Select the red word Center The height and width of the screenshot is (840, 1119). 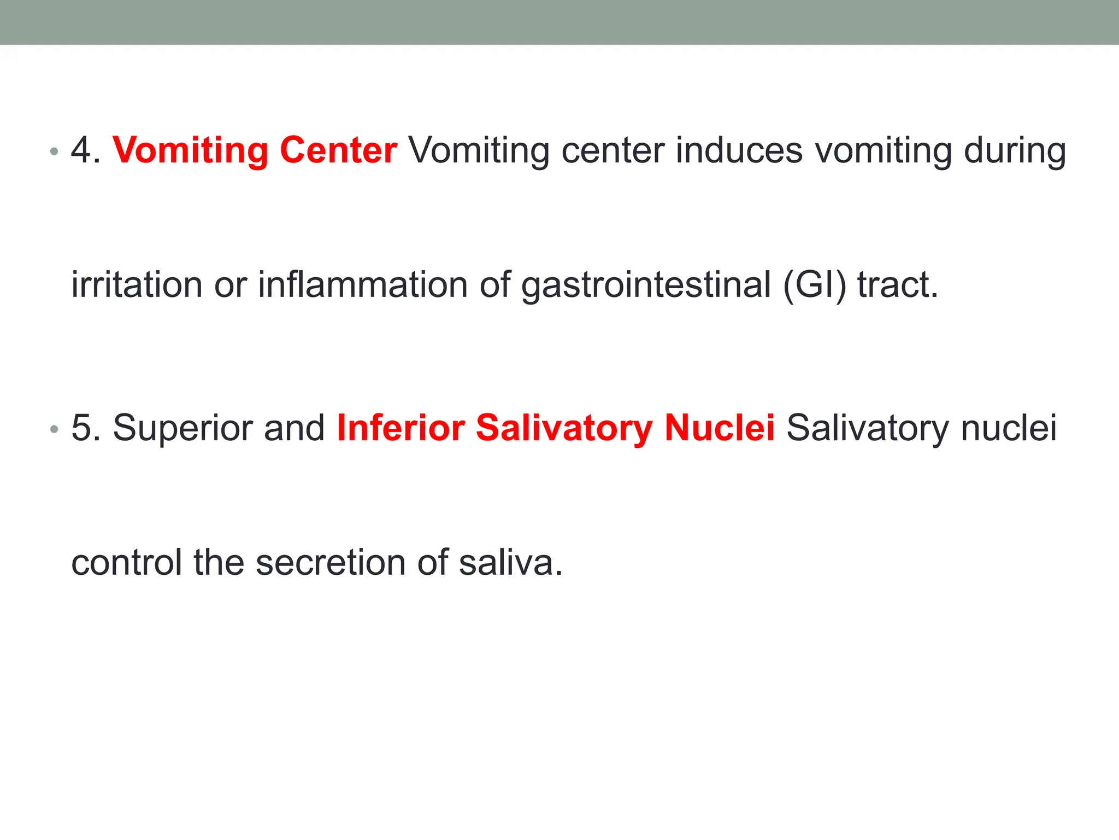338,150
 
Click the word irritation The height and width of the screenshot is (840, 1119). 137,285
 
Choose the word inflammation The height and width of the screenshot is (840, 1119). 363,285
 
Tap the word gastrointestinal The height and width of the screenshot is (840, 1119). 646,286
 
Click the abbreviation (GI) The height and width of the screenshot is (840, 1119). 815,286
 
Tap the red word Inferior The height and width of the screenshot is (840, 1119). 401,428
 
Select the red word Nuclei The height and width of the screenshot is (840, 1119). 720,428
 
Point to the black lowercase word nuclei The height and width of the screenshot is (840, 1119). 1009,428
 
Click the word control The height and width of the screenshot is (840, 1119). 127,563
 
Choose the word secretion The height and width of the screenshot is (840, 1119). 331,563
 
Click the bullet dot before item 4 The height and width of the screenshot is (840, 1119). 54,151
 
